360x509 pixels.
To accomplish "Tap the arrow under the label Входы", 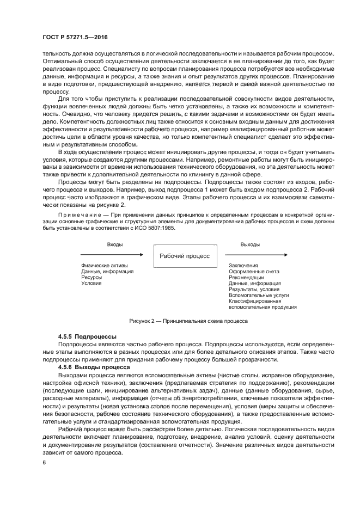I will [x=112, y=254].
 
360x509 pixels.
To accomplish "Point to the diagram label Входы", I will [x=114, y=245].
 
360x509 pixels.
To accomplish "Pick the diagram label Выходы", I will [x=250, y=245].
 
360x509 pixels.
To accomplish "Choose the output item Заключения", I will [x=243, y=265].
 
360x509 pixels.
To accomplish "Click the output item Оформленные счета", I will [x=254, y=271].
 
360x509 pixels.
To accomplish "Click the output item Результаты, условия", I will [x=252, y=289].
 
